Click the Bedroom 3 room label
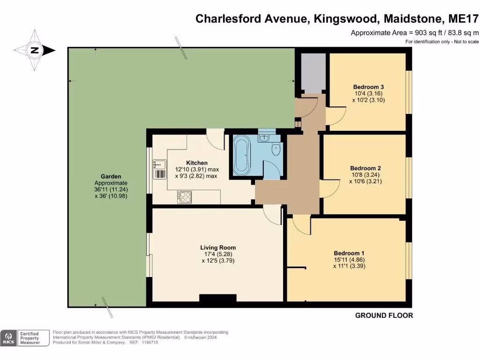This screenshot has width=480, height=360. [368, 87]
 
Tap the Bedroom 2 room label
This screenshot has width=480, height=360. [365, 168]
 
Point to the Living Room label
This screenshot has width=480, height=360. [217, 247]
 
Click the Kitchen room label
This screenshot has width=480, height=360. [197, 163]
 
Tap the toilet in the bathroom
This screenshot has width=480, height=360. [276, 150]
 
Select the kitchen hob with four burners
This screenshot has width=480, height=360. [184, 197]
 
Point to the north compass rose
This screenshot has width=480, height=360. [34, 50]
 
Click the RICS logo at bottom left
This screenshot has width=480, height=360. [8, 338]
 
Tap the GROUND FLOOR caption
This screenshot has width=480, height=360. [384, 315]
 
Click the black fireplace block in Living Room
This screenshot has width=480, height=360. [217, 298]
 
